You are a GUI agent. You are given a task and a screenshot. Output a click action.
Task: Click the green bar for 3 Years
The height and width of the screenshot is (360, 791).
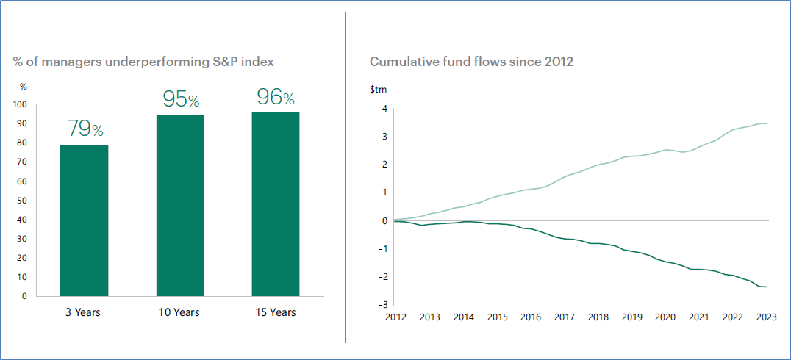(x=84, y=220)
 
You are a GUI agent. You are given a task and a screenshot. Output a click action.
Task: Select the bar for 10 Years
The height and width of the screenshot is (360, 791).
(x=179, y=205)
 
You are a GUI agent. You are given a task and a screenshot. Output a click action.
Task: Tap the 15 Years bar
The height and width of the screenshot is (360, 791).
(x=275, y=204)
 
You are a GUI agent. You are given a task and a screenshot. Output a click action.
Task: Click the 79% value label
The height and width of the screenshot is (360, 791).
(x=85, y=129)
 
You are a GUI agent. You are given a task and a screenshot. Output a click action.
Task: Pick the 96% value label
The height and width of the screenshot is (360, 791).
(x=275, y=97)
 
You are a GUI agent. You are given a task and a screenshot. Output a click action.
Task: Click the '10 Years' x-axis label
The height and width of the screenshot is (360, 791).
(x=179, y=312)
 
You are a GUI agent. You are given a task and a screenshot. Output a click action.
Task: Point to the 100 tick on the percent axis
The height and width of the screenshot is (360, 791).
(x=20, y=104)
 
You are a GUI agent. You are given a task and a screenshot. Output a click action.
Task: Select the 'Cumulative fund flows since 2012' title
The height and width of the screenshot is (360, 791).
(x=471, y=62)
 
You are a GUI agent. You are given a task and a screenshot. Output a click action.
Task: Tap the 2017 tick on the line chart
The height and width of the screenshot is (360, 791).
(x=565, y=317)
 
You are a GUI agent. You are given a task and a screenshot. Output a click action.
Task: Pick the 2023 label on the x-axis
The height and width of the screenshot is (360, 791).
(x=767, y=317)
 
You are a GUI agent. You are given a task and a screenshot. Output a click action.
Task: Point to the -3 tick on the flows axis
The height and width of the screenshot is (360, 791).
(x=383, y=304)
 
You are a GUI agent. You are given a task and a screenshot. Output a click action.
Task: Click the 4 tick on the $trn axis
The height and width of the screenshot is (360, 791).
(x=384, y=109)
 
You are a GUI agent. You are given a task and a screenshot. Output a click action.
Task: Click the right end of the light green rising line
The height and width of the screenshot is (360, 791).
(x=767, y=123)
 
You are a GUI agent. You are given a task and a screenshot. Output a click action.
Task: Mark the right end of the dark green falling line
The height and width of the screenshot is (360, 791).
(x=767, y=287)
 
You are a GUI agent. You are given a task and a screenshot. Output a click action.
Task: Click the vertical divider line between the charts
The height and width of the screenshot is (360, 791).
(x=345, y=176)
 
